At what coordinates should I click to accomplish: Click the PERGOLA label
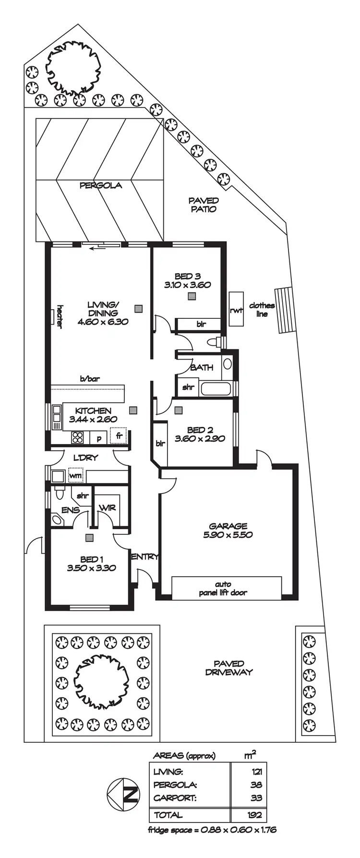[100, 185]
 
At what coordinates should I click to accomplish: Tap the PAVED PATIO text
[204, 205]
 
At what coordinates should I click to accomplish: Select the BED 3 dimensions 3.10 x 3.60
[187, 285]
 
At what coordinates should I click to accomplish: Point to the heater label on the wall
[60, 316]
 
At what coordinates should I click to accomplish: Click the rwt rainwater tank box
[236, 310]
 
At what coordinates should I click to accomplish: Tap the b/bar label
[90, 379]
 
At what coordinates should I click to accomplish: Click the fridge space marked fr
[119, 436]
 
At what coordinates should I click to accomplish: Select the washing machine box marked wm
[75, 476]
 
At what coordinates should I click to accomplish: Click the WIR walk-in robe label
[107, 508]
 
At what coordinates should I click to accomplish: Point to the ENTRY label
[144, 556]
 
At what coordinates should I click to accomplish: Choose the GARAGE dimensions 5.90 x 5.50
[228, 535]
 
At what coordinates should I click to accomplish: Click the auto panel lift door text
[223, 589]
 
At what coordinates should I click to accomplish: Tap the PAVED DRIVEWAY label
[228, 668]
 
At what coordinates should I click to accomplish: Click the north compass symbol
[123, 795]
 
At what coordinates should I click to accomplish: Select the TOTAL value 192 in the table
[255, 815]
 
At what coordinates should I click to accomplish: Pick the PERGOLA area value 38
[256, 785]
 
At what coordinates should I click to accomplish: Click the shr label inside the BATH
[188, 387]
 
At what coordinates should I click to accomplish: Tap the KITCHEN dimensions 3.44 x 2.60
[93, 419]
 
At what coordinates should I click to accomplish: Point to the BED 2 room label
[200, 430]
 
